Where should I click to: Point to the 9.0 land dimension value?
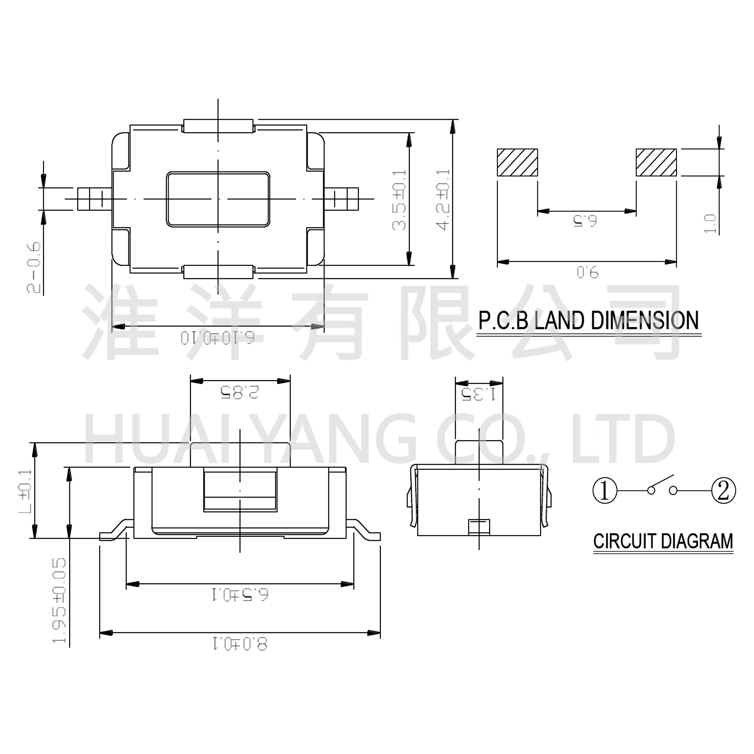pyautogui.click(x=587, y=272)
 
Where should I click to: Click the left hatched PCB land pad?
pyautogui.click(x=517, y=162)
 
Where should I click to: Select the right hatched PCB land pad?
pyautogui.click(x=656, y=162)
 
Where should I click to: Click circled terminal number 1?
pyautogui.click(x=605, y=491)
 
